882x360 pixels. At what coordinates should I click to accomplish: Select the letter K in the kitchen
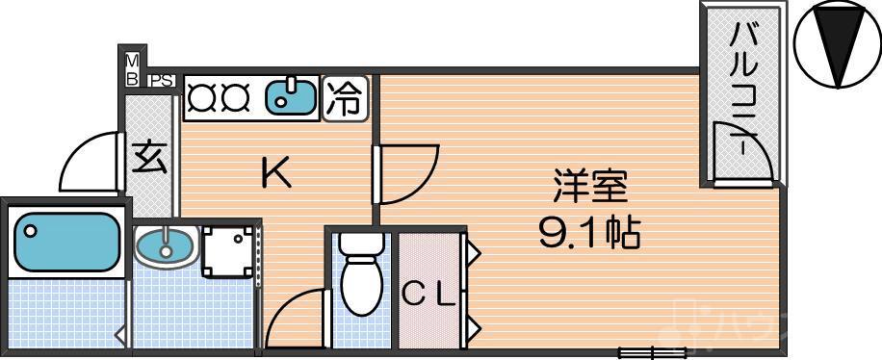pos(276,173)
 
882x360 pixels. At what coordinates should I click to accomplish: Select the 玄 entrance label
pos(149,156)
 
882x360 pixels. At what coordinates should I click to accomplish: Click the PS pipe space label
pos(162,81)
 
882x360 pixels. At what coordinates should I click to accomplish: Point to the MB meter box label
pos(132,68)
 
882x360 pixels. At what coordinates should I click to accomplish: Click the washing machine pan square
pos(229,253)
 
